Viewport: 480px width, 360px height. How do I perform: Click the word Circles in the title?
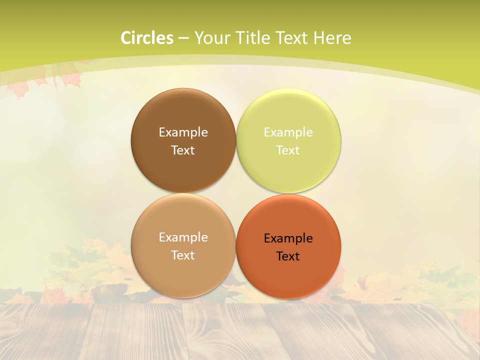click(147, 38)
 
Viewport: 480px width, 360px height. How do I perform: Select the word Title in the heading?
click(253, 38)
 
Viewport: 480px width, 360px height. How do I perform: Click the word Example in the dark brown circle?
click(183, 132)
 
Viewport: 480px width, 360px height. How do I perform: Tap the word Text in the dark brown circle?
click(183, 150)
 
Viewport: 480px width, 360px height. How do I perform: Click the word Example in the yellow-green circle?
click(288, 132)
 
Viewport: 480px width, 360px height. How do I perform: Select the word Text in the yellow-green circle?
click(288, 150)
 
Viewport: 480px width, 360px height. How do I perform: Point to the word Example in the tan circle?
click(183, 237)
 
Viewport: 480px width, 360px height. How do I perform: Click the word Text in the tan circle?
click(183, 255)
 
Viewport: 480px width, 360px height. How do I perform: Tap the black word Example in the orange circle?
click(288, 238)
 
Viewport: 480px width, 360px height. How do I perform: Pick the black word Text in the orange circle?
click(288, 256)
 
